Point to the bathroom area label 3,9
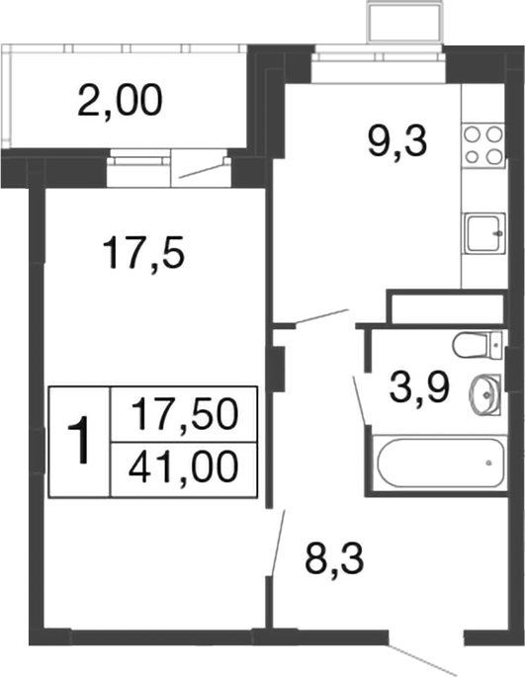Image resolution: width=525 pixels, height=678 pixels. click(415, 386)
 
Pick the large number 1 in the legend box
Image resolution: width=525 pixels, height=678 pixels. click(80, 441)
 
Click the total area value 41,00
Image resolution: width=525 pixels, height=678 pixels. click(187, 466)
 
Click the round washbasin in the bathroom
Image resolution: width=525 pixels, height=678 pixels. click(481, 392)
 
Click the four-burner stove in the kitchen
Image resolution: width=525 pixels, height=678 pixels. click(481, 144)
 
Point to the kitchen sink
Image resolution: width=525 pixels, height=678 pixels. click(483, 234)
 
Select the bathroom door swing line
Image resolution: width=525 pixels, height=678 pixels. click(360, 399)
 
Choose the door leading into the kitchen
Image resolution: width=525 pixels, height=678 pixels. click(311, 317)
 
